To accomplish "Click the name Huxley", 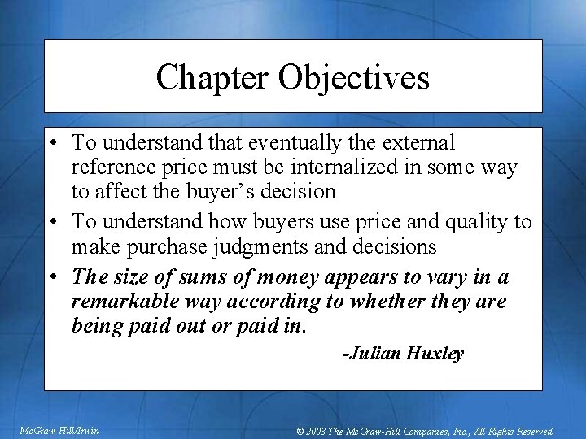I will (x=435, y=354).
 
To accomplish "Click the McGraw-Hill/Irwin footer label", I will (x=59, y=431).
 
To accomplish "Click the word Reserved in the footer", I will (x=531, y=432).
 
